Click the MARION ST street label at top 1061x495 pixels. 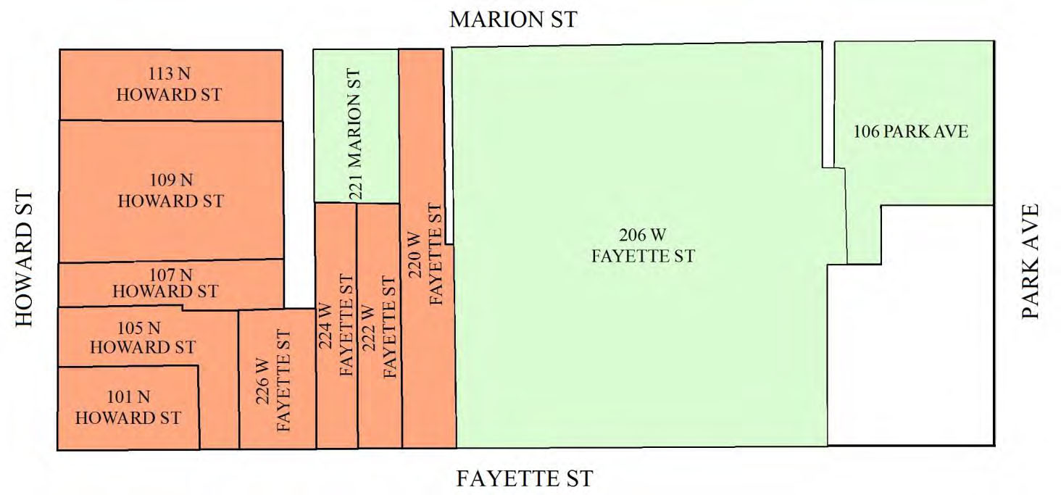pyautogui.click(x=513, y=20)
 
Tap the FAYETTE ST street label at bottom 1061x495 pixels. pyautogui.click(x=524, y=479)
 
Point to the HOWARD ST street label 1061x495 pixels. pyautogui.click(x=25, y=259)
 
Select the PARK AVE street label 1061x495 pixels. pyautogui.click(x=1031, y=261)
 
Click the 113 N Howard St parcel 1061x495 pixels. pyautogui.click(x=171, y=85)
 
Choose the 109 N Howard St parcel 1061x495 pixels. pyautogui.click(x=171, y=191)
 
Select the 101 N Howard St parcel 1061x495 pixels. pyautogui.click(x=128, y=407)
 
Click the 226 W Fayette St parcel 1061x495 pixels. pyautogui.click(x=277, y=380)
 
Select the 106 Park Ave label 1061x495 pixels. pyautogui.click(x=910, y=132)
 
